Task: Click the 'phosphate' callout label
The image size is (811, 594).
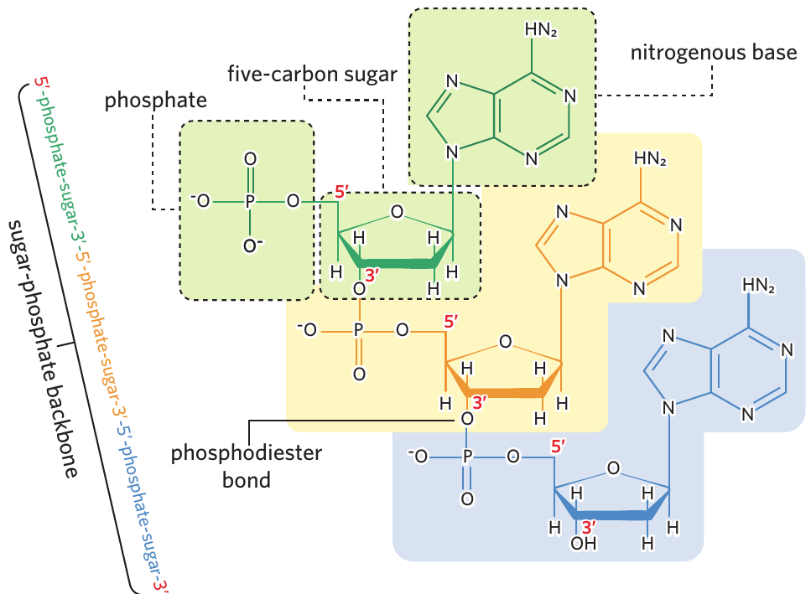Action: (x=156, y=101)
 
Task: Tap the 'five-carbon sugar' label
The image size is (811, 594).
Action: (x=312, y=74)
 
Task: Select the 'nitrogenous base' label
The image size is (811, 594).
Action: (x=714, y=52)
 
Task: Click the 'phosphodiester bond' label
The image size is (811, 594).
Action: (x=247, y=466)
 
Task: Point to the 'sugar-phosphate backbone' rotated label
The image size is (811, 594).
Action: (x=43, y=349)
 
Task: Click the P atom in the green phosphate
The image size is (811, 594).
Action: (x=250, y=201)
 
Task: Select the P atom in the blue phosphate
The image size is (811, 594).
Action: (x=467, y=456)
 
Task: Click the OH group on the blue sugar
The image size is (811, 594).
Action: (x=584, y=544)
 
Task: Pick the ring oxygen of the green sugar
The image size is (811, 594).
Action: (x=397, y=212)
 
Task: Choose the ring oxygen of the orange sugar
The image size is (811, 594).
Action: (x=506, y=342)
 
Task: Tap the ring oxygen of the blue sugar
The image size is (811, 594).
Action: (x=613, y=468)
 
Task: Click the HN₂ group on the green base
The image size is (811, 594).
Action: (x=541, y=30)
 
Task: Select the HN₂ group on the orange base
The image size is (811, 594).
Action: (x=650, y=158)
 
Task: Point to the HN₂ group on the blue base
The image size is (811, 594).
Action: (x=758, y=285)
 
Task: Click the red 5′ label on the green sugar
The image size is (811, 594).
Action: (x=341, y=192)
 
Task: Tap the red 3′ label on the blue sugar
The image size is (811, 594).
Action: (x=589, y=527)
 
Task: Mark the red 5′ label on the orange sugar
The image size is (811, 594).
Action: (x=450, y=321)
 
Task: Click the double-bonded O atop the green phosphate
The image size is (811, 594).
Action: (x=250, y=159)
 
